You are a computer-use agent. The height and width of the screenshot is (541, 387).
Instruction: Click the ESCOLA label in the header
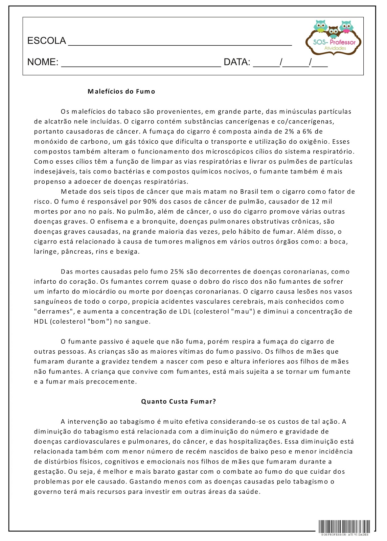pyautogui.click(x=46, y=41)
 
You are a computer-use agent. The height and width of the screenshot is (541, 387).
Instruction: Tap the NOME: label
pyautogui.click(x=43, y=62)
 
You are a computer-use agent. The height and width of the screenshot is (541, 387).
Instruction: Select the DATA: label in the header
pyautogui.click(x=237, y=62)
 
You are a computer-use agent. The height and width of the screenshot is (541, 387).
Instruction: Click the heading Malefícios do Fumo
pyautogui.click(x=121, y=91)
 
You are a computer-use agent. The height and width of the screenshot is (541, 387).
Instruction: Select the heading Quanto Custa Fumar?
pyautogui.click(x=178, y=402)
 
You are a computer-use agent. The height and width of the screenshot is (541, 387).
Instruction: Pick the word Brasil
pyautogui.click(x=249, y=192)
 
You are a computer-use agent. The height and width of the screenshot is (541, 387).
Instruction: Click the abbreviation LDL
pyautogui.click(x=185, y=312)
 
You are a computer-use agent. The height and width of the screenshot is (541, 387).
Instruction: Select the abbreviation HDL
pyautogui.click(x=41, y=322)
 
